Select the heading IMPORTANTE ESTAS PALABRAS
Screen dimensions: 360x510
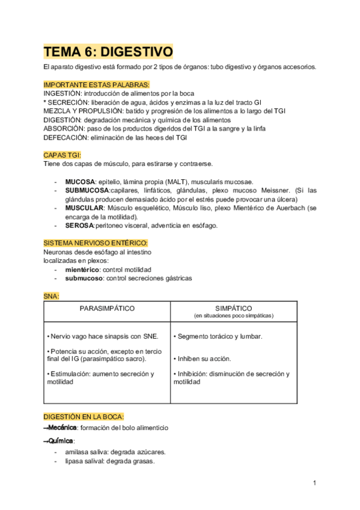pyautogui.click(x=96, y=84)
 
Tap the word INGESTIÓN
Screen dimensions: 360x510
pyautogui.click(x=63, y=93)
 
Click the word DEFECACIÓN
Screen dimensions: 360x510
pyautogui.click(x=65, y=137)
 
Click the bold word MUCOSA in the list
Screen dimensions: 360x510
pyautogui.click(x=80, y=182)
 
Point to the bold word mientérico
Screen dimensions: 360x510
pyautogui.click(x=82, y=269)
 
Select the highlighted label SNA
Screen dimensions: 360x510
pyautogui.click(x=51, y=296)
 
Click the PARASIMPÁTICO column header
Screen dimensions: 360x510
pyautogui.click(x=107, y=308)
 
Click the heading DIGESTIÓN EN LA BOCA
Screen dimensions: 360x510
pyautogui.click(x=84, y=416)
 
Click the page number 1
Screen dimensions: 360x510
pyautogui.click(x=314, y=483)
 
